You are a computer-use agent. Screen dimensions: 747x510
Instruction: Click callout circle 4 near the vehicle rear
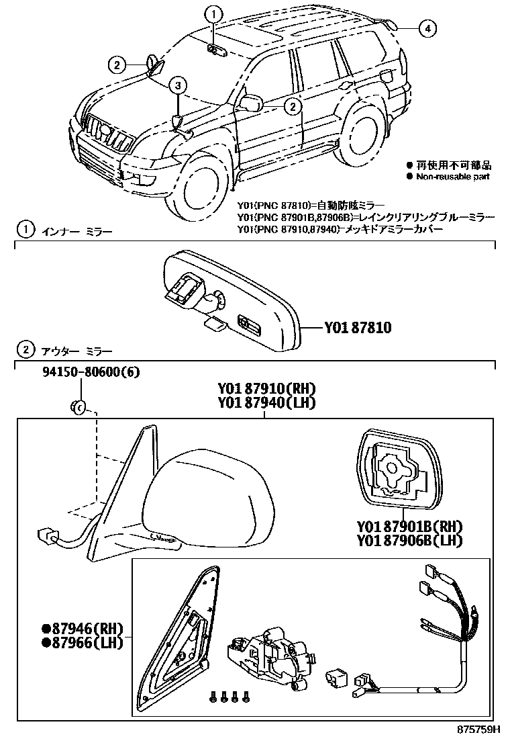pyautogui.click(x=427, y=28)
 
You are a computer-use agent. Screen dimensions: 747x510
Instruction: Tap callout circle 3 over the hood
pyautogui.click(x=177, y=85)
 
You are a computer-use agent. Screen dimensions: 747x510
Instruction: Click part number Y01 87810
pyautogui.click(x=357, y=328)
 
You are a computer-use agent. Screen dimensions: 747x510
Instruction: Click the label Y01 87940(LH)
pyautogui.click(x=266, y=402)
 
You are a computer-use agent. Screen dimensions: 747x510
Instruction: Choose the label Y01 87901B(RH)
pyautogui.click(x=411, y=526)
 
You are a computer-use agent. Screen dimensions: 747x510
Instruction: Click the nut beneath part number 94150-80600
pyautogui.click(x=78, y=406)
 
